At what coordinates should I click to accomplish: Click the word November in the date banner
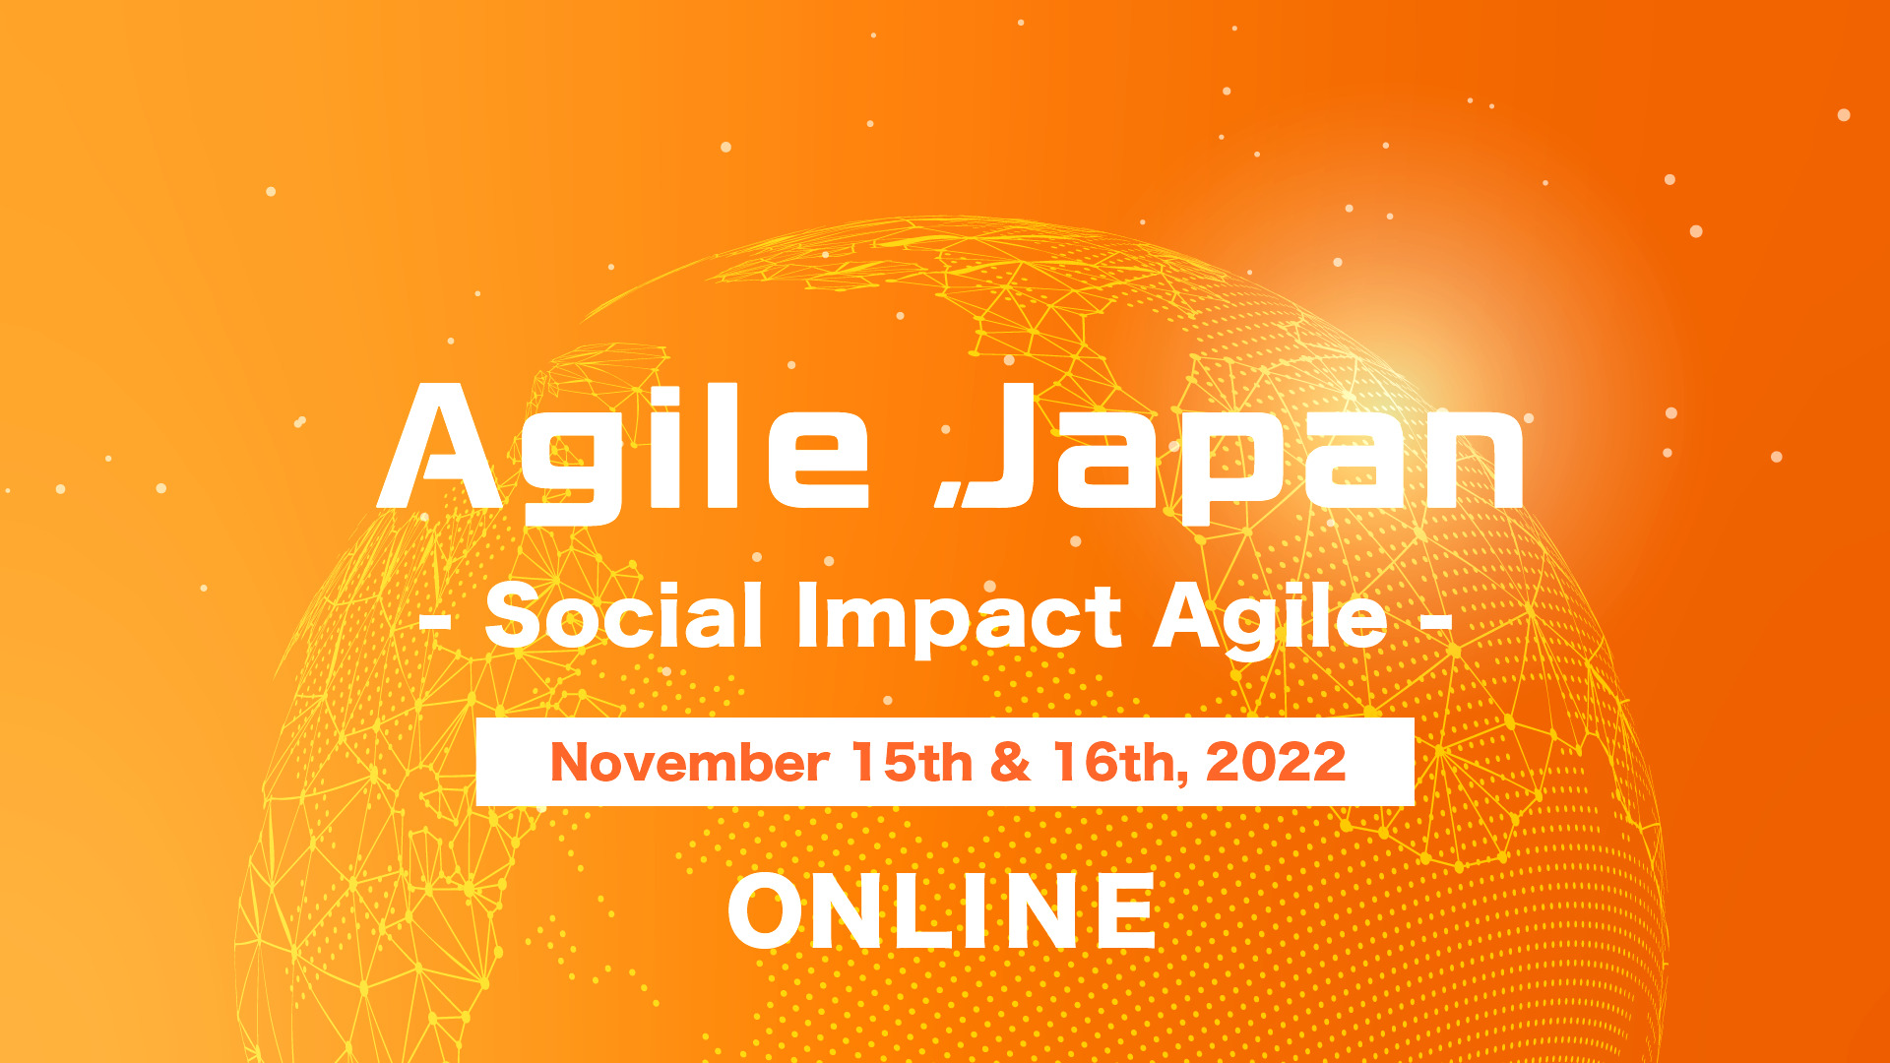[x=689, y=763]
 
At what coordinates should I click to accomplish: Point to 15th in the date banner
[x=912, y=762]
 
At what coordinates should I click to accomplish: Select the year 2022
[x=1276, y=762]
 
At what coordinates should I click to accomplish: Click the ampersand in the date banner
[x=1012, y=762]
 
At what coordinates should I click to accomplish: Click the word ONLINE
[x=942, y=911]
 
